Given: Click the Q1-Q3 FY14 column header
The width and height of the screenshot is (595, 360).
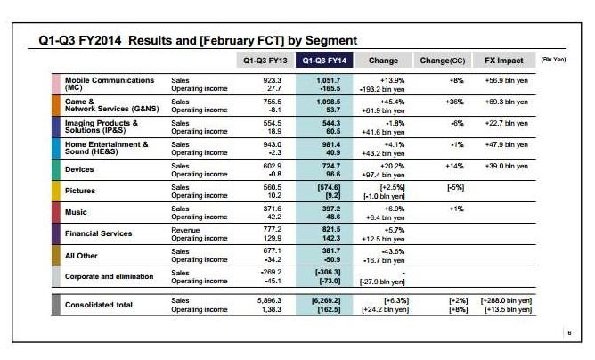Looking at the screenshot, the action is click(324, 60).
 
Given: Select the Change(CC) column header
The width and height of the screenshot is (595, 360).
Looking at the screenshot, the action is click(442, 60).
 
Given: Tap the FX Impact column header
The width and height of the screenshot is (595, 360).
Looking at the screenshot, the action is click(503, 60).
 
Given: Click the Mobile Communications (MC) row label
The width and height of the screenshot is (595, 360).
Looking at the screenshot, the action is click(110, 84).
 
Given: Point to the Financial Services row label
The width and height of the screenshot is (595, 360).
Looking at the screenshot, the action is click(98, 233).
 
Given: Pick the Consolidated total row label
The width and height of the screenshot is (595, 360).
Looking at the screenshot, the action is click(98, 305).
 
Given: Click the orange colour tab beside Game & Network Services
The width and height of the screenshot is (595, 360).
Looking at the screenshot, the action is click(56, 105).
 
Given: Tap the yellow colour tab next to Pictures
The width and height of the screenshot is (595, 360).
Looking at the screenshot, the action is click(56, 191).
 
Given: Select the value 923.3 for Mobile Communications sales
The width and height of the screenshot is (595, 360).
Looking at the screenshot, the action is click(272, 80).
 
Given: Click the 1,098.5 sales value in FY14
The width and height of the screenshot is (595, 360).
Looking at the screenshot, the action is click(329, 102).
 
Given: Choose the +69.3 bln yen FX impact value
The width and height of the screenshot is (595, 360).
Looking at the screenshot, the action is click(506, 102).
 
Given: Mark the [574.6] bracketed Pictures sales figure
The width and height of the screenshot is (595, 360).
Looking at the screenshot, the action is click(329, 187).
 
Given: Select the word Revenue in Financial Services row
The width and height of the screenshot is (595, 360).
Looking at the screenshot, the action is click(185, 230).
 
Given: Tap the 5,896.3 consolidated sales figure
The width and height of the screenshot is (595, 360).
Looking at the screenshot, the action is click(269, 300).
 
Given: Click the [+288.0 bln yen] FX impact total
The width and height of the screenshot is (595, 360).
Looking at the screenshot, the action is click(506, 300).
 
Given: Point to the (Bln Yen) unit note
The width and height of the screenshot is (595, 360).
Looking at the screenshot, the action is click(553, 60).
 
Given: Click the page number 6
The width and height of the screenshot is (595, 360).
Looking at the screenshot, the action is click(569, 333).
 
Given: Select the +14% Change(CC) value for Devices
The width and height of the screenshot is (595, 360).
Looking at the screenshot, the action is click(454, 166).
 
